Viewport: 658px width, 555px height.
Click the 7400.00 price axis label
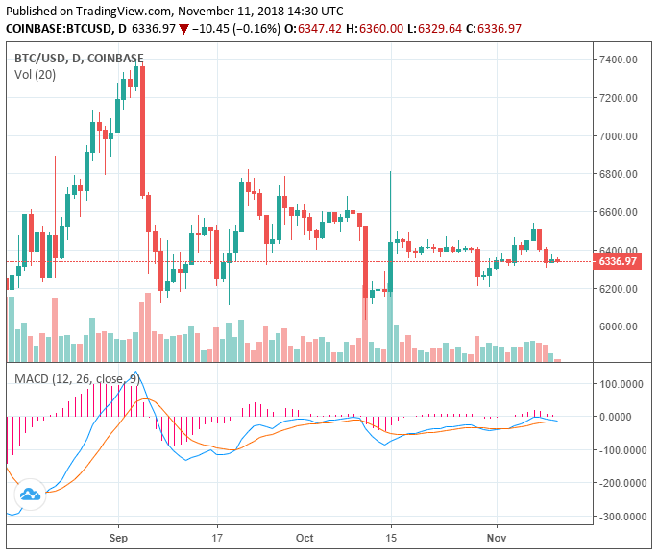619,60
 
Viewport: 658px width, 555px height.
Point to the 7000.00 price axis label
619,136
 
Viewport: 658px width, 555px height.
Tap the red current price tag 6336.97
618,261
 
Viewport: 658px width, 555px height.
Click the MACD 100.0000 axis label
621,383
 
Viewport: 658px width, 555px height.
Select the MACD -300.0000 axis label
620,517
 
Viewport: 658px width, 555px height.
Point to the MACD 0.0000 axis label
624,417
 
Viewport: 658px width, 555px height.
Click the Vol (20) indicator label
35,74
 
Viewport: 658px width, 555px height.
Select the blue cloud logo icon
30,494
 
